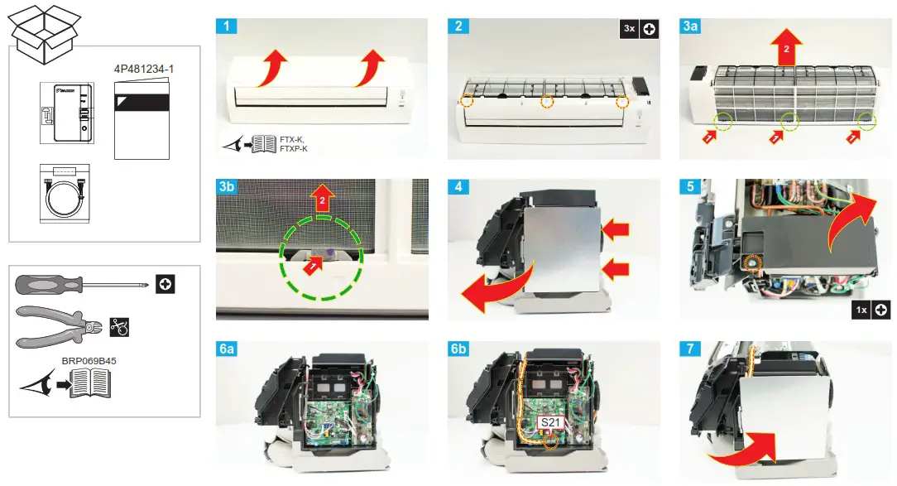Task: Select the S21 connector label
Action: pos(550,422)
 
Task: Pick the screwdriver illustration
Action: pos(83,284)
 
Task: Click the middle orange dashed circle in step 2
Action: pos(546,102)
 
